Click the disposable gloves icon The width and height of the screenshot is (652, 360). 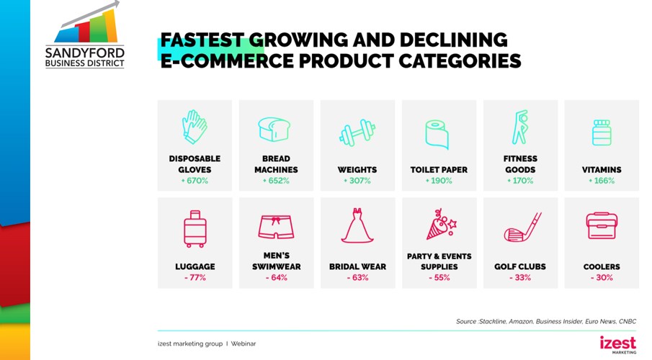click(x=195, y=127)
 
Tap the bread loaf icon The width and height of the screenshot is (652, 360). click(x=274, y=130)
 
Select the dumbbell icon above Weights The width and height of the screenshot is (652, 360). click(x=357, y=133)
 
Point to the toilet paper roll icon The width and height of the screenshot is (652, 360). click(x=437, y=135)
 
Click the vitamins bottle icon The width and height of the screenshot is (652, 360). click(x=602, y=132)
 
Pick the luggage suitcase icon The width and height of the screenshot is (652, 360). click(x=195, y=229)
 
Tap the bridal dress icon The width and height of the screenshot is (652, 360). click(x=357, y=226)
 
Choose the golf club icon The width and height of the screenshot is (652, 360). click(x=522, y=228)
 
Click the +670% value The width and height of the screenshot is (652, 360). click(x=195, y=181)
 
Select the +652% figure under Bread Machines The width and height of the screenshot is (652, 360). click(x=276, y=181)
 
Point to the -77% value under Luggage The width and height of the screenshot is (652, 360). click(x=195, y=278)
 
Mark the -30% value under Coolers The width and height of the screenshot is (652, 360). click(x=602, y=278)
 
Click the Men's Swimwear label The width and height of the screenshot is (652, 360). click(x=276, y=261)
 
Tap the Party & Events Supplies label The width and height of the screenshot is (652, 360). click(x=439, y=261)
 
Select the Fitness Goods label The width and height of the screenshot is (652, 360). click(x=520, y=164)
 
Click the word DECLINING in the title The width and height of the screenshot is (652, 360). click(x=454, y=40)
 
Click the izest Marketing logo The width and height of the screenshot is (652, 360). click(x=618, y=345)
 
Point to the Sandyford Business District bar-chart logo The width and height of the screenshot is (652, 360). click(x=85, y=35)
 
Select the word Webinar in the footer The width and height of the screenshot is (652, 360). click(x=244, y=343)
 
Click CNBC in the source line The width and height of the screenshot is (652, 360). click(x=628, y=321)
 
